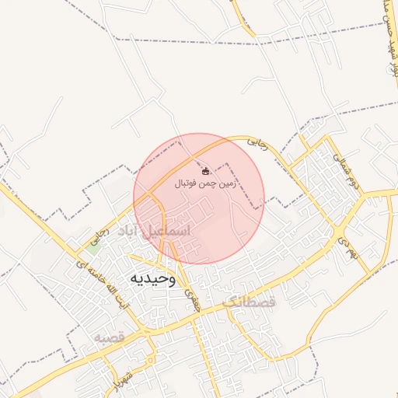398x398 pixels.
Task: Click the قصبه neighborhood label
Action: tap(109, 338)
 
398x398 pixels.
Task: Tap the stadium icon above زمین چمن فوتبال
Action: tap(205, 170)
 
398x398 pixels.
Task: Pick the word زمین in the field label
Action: tap(228, 184)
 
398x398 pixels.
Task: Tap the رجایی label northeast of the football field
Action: tap(256, 144)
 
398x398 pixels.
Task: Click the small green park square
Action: tap(93, 248)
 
